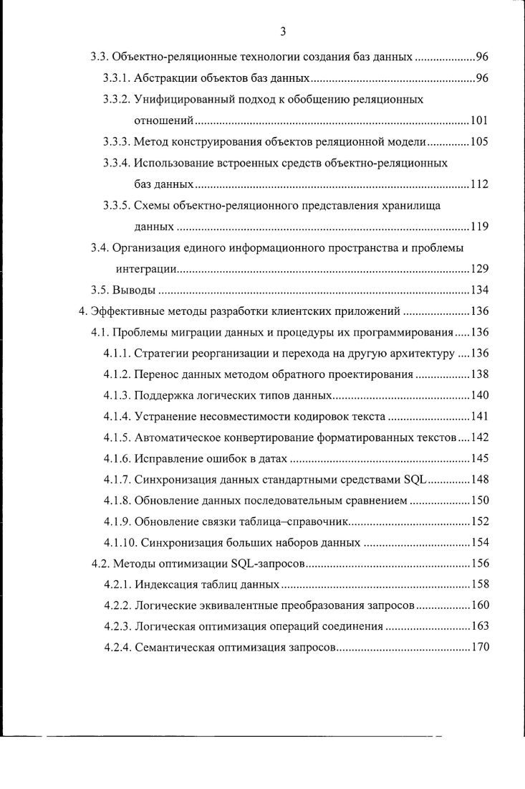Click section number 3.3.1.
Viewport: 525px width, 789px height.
tap(117, 78)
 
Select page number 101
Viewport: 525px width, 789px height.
tap(478, 120)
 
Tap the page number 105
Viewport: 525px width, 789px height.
tap(478, 141)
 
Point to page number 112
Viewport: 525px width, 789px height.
tap(478, 184)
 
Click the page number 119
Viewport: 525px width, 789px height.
tap(478, 227)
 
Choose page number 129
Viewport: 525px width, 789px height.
tap(478, 269)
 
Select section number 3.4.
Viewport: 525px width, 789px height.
tap(99, 248)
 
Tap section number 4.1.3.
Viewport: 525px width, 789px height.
tap(117, 395)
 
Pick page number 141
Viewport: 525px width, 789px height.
tap(478, 417)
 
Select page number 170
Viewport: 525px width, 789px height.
tap(478, 648)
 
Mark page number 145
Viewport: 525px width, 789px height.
tap(478, 458)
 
